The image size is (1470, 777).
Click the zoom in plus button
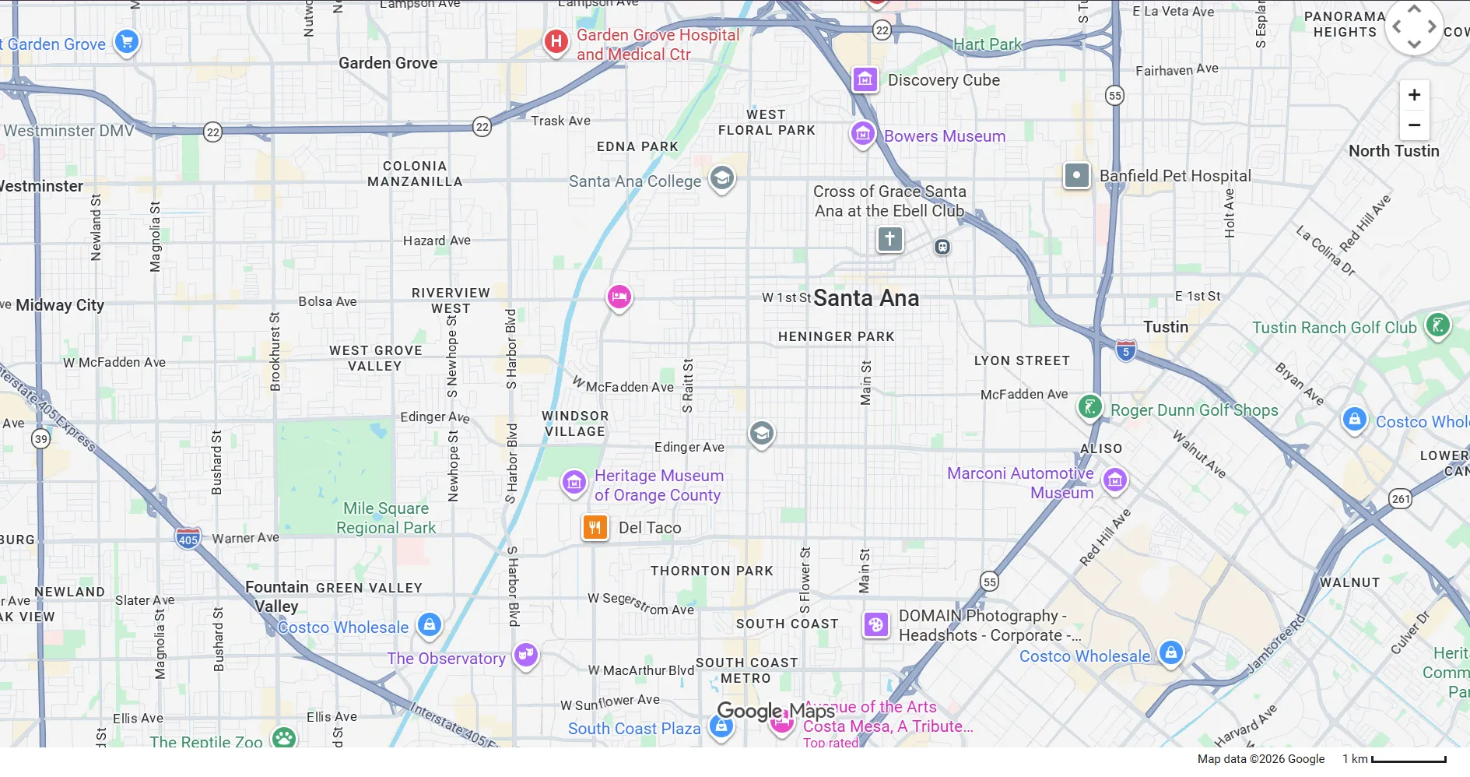coord(1414,95)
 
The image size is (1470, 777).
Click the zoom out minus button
coord(1414,125)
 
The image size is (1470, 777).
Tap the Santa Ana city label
coord(865,298)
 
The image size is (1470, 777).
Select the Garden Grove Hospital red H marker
coord(556,41)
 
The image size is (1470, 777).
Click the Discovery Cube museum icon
coord(865,79)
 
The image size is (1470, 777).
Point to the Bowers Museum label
coord(944,136)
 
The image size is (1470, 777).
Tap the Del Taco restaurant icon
coord(595,528)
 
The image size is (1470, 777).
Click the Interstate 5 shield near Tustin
coord(1125,350)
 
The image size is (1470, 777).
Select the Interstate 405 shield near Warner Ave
coord(188,538)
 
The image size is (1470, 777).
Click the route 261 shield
coord(1400,499)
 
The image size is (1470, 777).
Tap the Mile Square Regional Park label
coord(386,518)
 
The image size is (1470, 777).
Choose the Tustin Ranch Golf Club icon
coord(1437,325)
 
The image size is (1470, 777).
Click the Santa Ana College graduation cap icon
coord(721,178)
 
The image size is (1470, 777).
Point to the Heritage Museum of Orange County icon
coord(574,482)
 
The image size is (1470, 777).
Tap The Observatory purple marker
coord(526,655)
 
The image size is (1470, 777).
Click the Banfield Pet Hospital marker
coord(1076,176)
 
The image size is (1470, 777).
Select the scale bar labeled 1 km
coord(1409,759)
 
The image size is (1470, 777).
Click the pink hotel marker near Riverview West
coord(619,297)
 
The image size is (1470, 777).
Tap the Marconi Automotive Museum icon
coord(1114,480)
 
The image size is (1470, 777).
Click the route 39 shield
coord(40,439)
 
